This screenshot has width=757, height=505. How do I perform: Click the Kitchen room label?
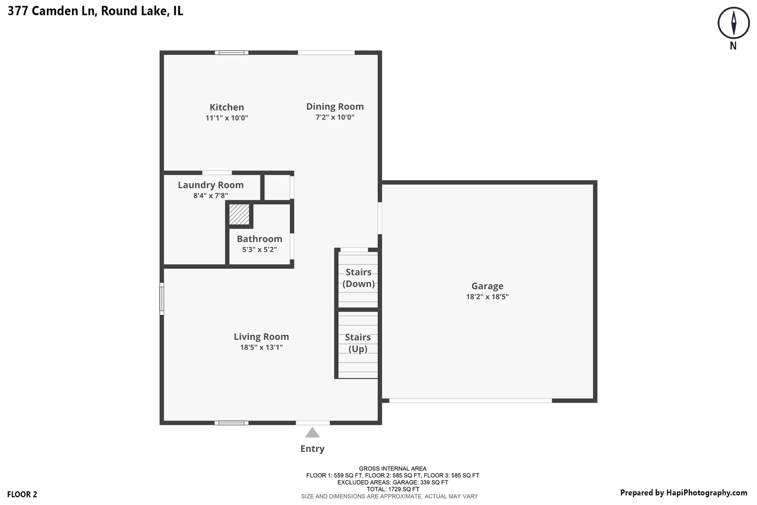point(227,108)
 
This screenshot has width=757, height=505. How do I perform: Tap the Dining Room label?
point(335,107)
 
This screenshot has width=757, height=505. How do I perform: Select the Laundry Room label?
point(211,185)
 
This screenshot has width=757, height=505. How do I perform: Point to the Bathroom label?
point(259,239)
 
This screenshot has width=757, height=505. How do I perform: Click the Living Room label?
point(261,337)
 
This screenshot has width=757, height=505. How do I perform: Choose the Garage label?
point(487,286)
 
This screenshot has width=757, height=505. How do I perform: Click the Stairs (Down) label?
point(358,278)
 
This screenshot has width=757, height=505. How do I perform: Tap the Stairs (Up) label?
point(358,343)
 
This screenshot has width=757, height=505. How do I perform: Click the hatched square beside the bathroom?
point(239,214)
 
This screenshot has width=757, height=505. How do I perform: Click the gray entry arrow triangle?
point(312,433)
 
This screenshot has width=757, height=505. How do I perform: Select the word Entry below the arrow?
point(312,449)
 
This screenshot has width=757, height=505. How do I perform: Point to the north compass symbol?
point(733,23)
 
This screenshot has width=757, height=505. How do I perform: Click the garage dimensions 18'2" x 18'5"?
point(487,297)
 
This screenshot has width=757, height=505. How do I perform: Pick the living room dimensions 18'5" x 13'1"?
point(261,347)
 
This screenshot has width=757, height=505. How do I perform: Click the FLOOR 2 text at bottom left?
point(22,495)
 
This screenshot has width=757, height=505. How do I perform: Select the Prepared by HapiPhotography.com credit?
point(683,493)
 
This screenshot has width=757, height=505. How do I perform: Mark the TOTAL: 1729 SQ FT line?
point(393,489)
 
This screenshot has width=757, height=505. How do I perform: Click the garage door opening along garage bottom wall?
point(471,401)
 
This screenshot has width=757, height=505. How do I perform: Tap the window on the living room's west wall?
point(162,298)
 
